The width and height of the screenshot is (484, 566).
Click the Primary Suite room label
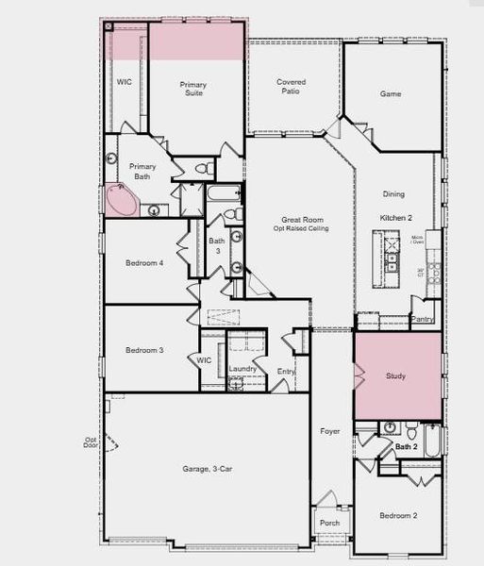click(192, 90)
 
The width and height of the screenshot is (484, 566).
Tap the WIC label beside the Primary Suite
click(125, 83)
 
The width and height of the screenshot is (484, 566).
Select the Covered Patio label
click(291, 87)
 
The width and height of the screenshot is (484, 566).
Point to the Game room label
click(391, 94)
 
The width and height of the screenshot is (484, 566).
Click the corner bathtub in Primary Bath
click(121, 201)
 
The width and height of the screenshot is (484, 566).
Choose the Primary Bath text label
click(142, 171)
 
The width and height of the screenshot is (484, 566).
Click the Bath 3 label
click(217, 244)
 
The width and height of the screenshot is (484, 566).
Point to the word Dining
click(393, 194)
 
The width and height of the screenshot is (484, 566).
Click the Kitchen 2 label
click(393, 218)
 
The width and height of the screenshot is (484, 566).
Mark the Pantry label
click(424, 320)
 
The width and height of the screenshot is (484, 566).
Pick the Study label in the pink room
click(397, 375)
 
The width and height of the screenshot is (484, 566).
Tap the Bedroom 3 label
click(144, 350)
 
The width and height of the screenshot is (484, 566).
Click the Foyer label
click(329, 431)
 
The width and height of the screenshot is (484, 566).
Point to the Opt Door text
click(91, 442)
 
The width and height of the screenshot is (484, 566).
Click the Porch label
click(329, 523)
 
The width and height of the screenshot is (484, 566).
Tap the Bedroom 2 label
click(398, 516)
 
